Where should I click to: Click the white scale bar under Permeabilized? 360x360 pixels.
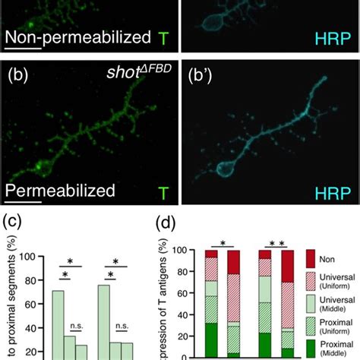point(23,203)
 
